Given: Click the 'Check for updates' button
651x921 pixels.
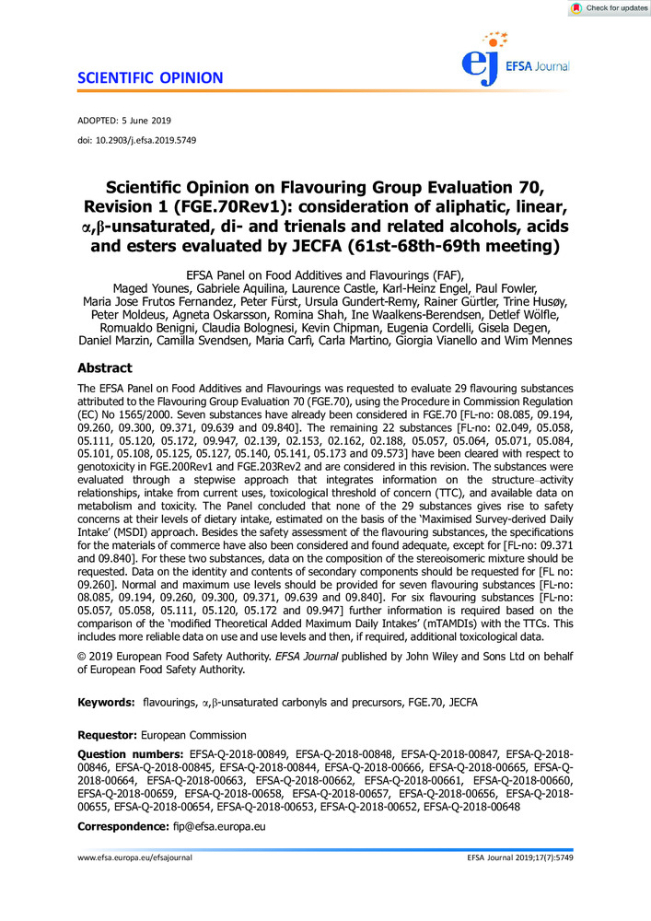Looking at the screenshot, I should (609, 8).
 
